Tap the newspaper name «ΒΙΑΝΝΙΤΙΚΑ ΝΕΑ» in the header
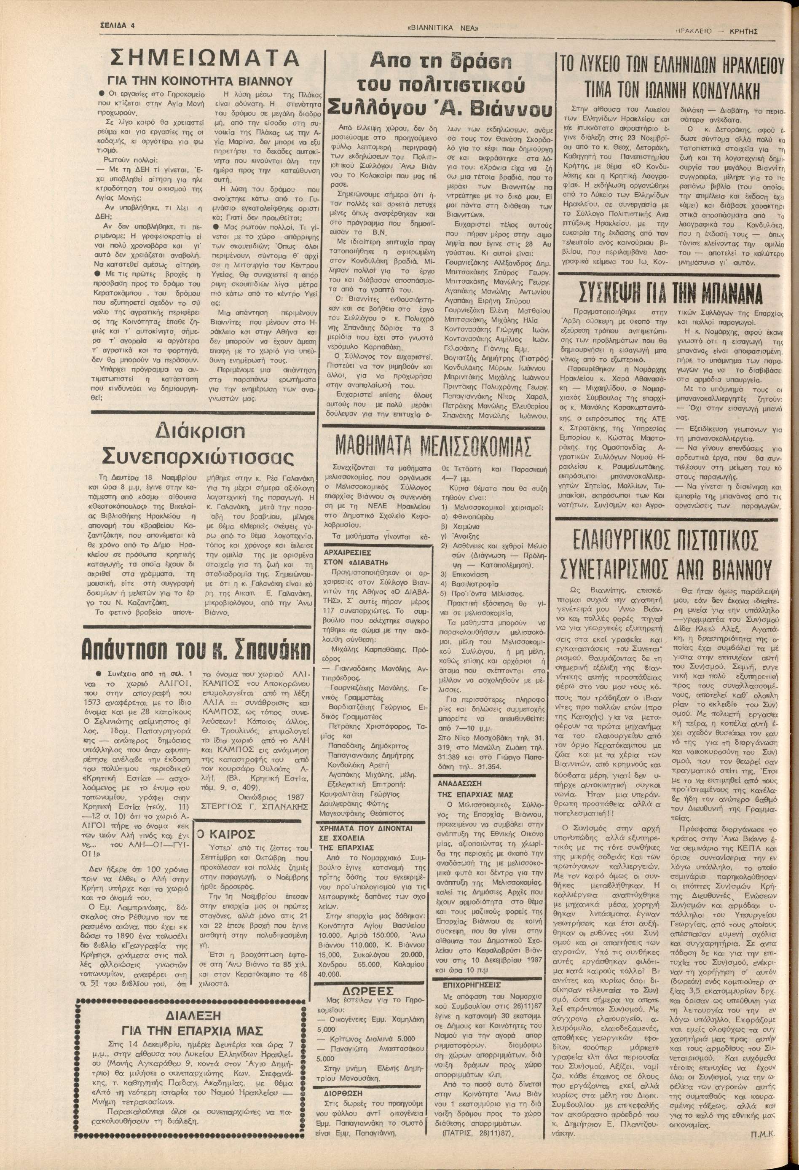[x=442, y=29]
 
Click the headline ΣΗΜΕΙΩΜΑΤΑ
[x=204, y=59]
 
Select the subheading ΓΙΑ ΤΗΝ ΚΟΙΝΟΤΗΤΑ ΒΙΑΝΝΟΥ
[x=200, y=81]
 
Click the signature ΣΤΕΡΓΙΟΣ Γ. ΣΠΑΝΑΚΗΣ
[x=254, y=806]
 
